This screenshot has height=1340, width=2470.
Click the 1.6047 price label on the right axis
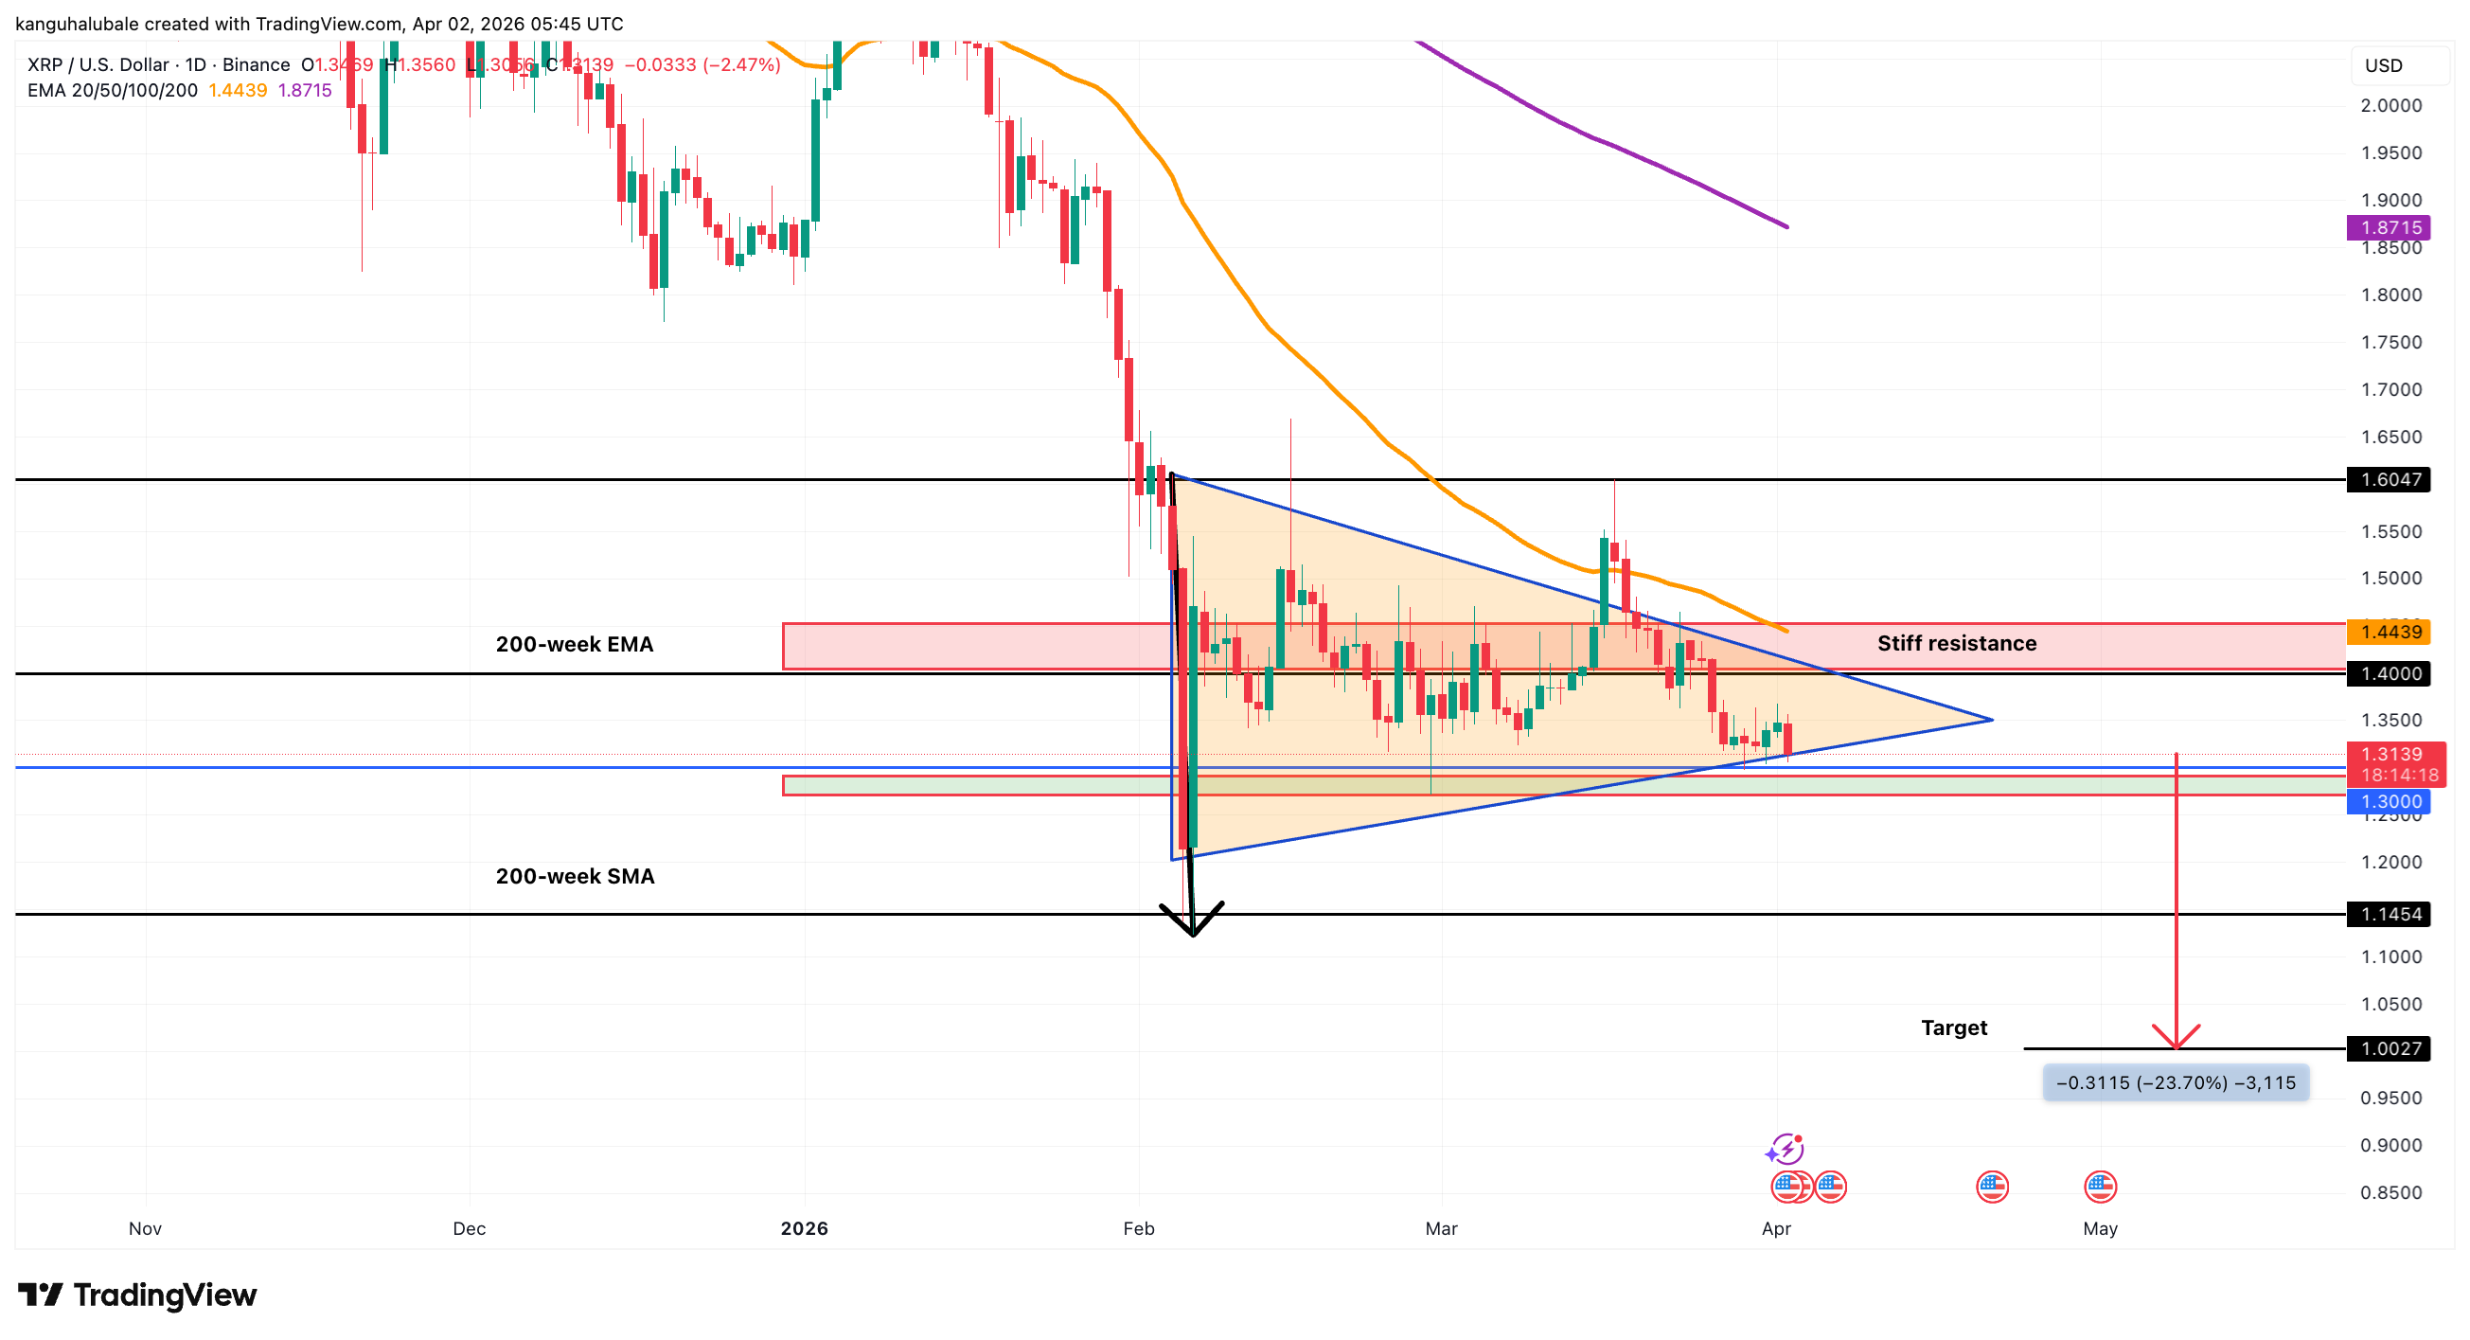(x=2390, y=479)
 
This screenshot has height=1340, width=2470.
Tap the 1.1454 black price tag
(x=2390, y=915)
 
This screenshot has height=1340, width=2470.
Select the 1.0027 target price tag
(x=2390, y=1049)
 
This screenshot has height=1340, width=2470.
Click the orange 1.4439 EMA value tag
(x=2390, y=632)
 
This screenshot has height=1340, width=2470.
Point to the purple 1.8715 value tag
(x=2390, y=227)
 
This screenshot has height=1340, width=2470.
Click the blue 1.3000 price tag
(x=2390, y=802)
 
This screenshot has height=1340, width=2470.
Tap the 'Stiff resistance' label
(x=1956, y=644)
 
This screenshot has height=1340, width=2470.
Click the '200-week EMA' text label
(x=575, y=645)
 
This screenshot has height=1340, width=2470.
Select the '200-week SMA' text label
(x=575, y=877)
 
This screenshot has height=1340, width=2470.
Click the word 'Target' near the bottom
(x=1954, y=1028)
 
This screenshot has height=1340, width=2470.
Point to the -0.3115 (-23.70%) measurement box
(x=2175, y=1083)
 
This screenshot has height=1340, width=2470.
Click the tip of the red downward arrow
(x=2176, y=1047)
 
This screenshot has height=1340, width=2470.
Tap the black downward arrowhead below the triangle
(x=1192, y=930)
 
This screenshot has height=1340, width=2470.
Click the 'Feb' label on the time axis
(x=1138, y=1229)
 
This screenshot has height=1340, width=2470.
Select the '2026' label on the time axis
(x=804, y=1229)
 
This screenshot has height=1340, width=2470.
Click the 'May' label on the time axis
(x=2100, y=1229)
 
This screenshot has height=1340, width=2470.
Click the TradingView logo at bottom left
(x=137, y=1295)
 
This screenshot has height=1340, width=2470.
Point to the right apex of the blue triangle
(x=1992, y=720)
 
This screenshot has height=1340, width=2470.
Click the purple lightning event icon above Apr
(x=1785, y=1149)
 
